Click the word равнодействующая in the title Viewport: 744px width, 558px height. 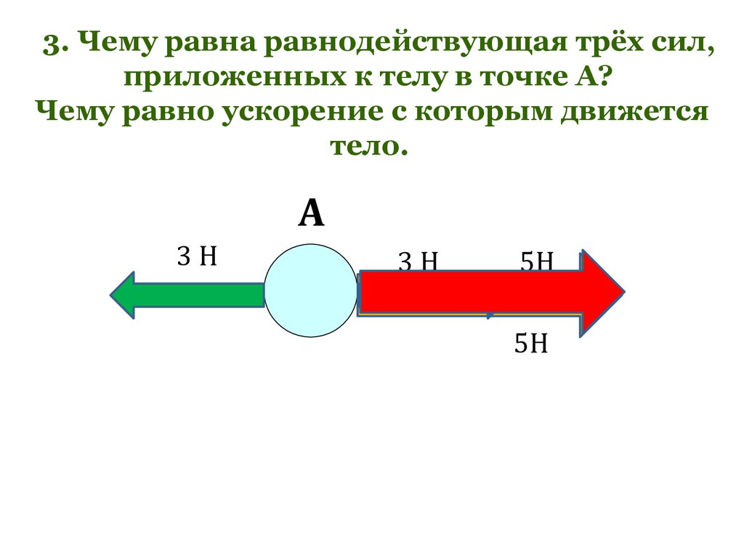[x=403, y=46]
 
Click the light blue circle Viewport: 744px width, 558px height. [x=311, y=291]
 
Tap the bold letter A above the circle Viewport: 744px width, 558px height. [x=311, y=214]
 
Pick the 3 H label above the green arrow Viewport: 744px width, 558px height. [x=198, y=256]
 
